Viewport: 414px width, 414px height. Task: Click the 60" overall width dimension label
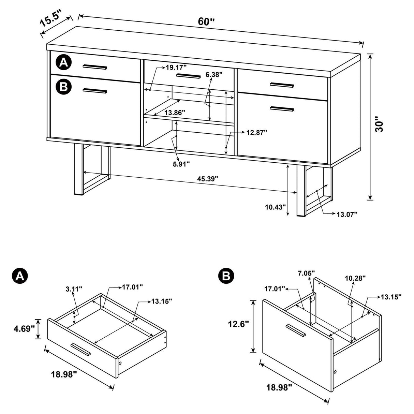[x=206, y=21]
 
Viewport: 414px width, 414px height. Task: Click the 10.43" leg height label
[x=275, y=207]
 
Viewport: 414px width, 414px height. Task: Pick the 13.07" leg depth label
[x=347, y=214]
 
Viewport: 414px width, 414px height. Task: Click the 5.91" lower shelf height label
[x=181, y=164]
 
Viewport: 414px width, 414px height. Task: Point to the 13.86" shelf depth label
[x=175, y=112]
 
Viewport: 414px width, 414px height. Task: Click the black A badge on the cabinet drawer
[x=63, y=62]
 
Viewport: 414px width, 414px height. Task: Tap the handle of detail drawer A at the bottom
[x=80, y=350]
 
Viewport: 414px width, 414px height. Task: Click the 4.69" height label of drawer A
[x=24, y=329]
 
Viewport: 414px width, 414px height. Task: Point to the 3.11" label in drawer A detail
[x=74, y=289]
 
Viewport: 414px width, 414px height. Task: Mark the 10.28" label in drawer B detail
[x=355, y=278]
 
